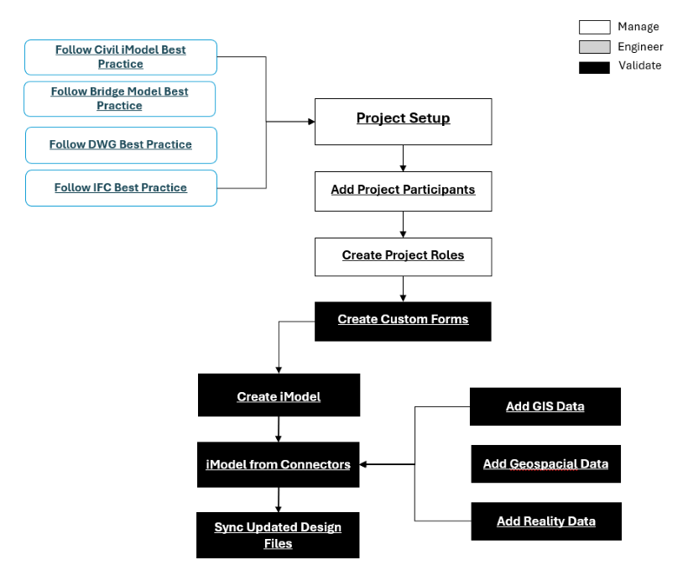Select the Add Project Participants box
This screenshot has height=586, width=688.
(x=403, y=191)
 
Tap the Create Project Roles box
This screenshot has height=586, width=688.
(x=403, y=256)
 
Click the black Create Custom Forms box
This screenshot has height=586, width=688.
(x=403, y=321)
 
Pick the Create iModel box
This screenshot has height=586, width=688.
(x=279, y=395)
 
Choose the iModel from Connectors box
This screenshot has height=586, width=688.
(x=279, y=464)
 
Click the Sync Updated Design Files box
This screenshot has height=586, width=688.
(x=278, y=535)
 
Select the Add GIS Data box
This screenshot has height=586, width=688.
(x=545, y=406)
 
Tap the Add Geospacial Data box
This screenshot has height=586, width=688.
(x=545, y=464)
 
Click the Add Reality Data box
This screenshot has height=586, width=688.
(x=546, y=521)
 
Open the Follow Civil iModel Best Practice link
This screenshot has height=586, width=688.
(x=121, y=57)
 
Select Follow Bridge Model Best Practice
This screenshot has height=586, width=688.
(x=119, y=99)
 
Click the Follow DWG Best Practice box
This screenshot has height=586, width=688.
(x=121, y=145)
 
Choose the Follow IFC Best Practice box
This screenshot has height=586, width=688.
(x=121, y=188)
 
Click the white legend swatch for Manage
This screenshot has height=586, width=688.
(x=594, y=28)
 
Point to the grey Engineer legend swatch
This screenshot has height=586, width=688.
(x=594, y=47)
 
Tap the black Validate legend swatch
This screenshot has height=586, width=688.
(x=594, y=66)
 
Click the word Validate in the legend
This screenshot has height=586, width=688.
(x=639, y=65)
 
